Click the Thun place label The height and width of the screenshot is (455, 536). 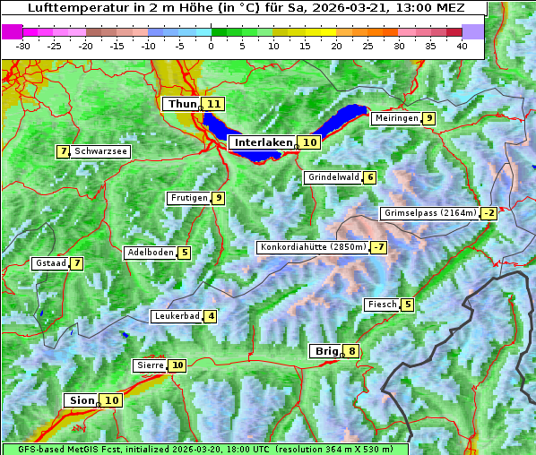pos(181,104)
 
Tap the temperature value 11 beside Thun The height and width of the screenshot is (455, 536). pos(212,104)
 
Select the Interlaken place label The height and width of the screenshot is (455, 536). pos(264,142)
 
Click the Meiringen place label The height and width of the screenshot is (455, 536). pos(396,118)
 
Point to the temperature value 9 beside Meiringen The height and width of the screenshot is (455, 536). pos(429,118)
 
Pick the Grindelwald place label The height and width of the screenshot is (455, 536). pos(333,177)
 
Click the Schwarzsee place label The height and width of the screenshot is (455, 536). pos(100,151)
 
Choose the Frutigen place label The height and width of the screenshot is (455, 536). pos(188,198)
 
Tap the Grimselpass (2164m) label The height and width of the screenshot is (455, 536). pos(429,213)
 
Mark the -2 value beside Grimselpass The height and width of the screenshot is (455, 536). pos(488,213)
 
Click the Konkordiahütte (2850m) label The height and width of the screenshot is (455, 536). pos(313,247)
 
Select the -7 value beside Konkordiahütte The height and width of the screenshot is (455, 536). pos(379,247)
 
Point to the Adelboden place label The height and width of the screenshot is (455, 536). pos(150,253)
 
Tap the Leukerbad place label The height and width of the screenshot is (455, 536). pos(176,316)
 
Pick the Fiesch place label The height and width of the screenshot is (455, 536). pos(382,305)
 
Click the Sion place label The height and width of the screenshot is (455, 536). pos(80,400)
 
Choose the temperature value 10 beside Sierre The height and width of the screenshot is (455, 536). pos(177,365)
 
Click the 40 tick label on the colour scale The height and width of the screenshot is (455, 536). pos(462,45)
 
